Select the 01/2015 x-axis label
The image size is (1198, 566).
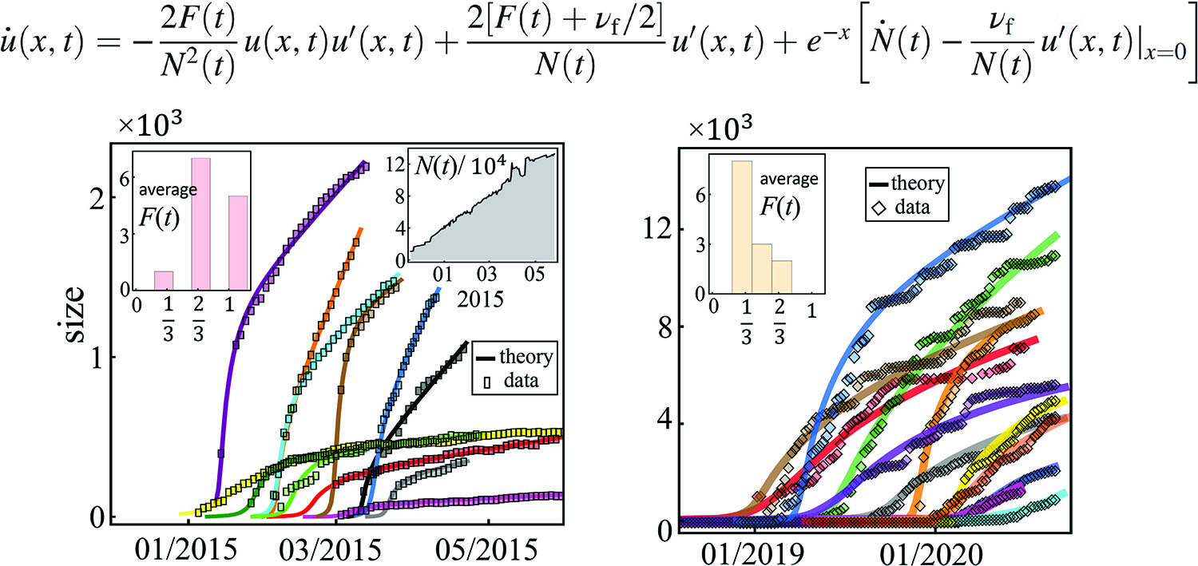187,549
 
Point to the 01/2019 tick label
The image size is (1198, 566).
754,551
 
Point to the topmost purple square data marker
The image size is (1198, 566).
364,165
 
